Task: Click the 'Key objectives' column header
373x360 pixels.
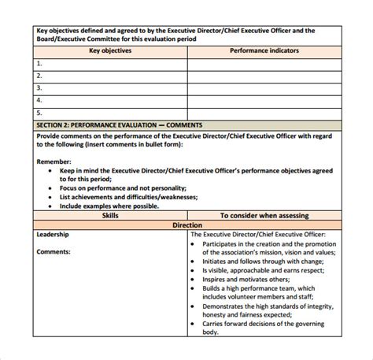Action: point(109,49)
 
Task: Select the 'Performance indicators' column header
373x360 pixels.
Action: point(264,49)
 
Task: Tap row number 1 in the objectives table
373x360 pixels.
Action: point(39,62)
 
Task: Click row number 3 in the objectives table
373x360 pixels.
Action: point(39,87)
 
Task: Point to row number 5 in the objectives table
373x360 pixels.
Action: point(39,113)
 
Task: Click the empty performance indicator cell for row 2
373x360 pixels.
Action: point(264,75)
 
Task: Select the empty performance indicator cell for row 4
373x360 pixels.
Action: point(264,100)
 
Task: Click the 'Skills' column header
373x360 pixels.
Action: point(110,214)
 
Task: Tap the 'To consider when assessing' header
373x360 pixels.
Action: point(264,214)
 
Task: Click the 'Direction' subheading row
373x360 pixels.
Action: point(186,225)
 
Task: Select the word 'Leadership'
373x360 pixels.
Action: point(54,234)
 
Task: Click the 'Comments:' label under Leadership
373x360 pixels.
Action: point(54,252)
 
